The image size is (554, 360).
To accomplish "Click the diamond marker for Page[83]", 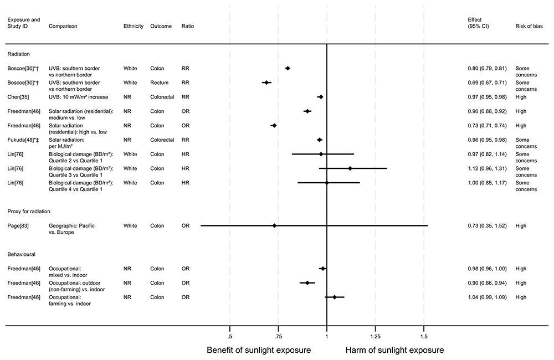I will tap(274, 226).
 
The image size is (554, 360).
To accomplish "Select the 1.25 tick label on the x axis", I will tap(375, 336).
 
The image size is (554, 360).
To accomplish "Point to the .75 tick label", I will tap(278, 336).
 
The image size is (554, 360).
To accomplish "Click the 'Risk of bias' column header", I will tap(530, 26).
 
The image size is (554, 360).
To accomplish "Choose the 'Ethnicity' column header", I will tap(134, 26).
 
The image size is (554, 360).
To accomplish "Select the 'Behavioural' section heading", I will tap(22, 254).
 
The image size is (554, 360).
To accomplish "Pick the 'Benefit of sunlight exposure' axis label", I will tap(259, 351).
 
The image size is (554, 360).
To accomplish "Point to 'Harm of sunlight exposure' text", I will tap(394, 351).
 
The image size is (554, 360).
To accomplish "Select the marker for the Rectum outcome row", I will tap(266, 83).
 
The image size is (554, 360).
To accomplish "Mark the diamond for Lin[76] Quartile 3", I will tap(350, 168).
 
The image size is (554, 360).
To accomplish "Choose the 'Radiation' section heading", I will tap(18, 54).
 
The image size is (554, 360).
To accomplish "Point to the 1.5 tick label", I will tap(424, 336).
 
